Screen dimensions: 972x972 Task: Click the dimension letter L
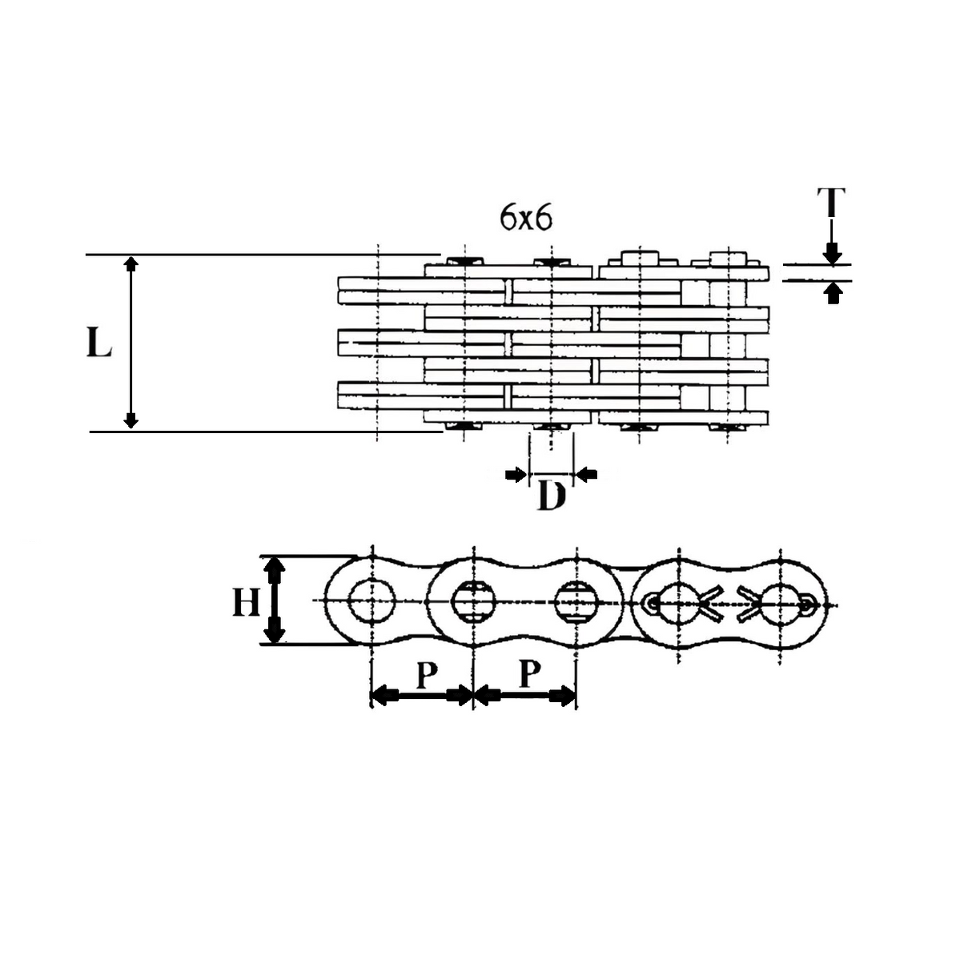(98, 343)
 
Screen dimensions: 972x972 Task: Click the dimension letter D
(551, 496)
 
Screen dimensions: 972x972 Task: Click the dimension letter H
(246, 601)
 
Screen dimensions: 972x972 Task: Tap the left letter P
(426, 675)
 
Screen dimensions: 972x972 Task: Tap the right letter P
(528, 674)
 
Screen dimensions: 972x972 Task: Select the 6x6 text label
(526, 218)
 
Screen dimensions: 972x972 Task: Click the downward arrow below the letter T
(833, 254)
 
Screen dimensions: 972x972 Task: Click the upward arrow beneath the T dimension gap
(833, 294)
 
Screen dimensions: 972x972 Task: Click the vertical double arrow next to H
(275, 601)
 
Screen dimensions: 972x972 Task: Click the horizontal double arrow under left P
(422, 695)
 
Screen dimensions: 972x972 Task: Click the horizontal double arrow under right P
(525, 695)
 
